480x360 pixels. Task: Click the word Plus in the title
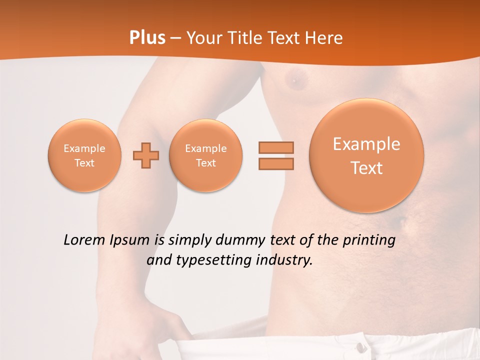[147, 38]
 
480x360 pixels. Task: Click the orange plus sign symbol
[146, 155]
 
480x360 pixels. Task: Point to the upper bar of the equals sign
[276, 148]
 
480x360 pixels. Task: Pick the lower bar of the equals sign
[276, 163]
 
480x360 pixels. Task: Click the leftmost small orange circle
[84, 155]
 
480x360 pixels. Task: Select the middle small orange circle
[206, 155]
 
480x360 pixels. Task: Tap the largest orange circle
[366, 155]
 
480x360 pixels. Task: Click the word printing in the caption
[368, 240]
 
